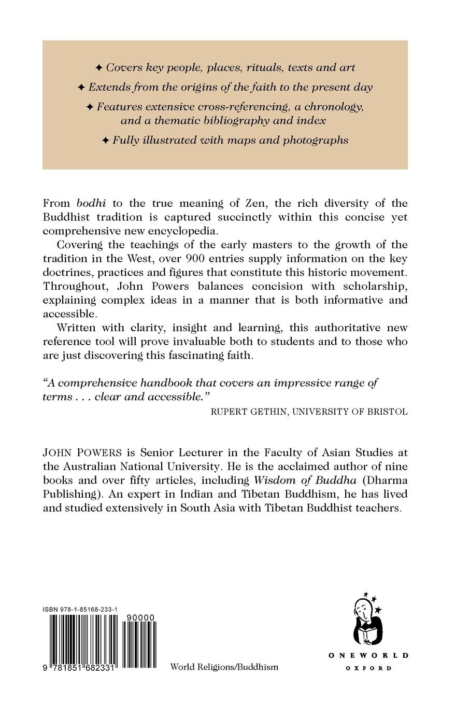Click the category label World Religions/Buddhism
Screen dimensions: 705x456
[224, 667]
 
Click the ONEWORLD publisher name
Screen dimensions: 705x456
[368, 656]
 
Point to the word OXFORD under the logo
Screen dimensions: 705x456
[368, 669]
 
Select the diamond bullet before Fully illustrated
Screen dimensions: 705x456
[105, 140]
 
